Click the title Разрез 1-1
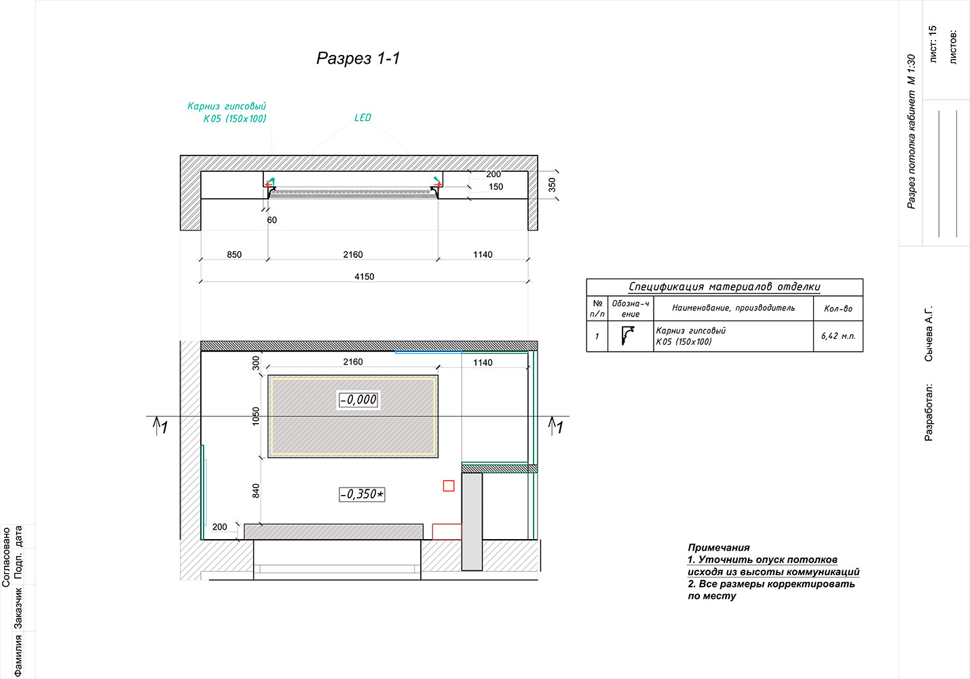(x=358, y=58)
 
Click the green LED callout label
(x=362, y=117)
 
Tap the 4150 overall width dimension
(x=365, y=276)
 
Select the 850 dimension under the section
(x=234, y=254)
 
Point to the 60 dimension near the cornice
(x=272, y=219)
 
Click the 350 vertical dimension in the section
(x=552, y=185)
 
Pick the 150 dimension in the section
(x=496, y=187)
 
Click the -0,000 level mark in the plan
(x=358, y=399)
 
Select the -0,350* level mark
(x=362, y=494)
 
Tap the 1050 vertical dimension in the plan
(x=256, y=416)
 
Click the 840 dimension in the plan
(x=256, y=491)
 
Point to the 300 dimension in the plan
(x=256, y=363)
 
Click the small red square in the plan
(x=449, y=486)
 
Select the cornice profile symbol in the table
(x=627, y=335)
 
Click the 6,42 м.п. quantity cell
(x=838, y=336)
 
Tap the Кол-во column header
(x=838, y=308)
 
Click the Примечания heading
(x=718, y=547)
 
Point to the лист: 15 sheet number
(x=933, y=43)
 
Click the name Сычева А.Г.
(x=929, y=334)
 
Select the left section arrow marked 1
(x=160, y=426)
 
